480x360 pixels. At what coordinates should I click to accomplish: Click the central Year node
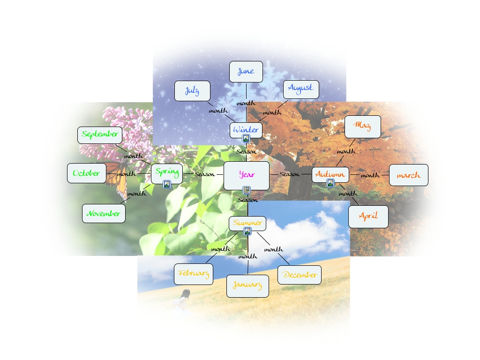[x=247, y=175]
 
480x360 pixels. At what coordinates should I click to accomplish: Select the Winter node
[x=246, y=129]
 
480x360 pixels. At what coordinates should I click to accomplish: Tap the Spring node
[x=166, y=172]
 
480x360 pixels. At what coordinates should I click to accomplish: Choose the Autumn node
[x=330, y=174]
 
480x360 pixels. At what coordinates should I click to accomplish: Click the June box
[x=246, y=71]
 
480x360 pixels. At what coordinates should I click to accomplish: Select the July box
[x=192, y=91]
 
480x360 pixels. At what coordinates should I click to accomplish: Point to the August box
[x=300, y=88]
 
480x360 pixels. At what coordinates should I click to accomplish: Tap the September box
[x=100, y=135]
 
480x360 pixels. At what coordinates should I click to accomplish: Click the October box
[x=87, y=173]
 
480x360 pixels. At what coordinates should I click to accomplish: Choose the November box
[x=104, y=213]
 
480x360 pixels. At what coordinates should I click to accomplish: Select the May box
[x=362, y=125]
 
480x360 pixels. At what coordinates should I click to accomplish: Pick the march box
[x=408, y=175]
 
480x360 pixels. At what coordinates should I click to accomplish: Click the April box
[x=368, y=216]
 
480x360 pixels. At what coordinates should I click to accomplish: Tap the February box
[x=193, y=274]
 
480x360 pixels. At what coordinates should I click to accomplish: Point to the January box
[x=247, y=285]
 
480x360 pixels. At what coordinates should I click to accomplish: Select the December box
[x=300, y=275]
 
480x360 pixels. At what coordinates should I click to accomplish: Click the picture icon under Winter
[x=246, y=138]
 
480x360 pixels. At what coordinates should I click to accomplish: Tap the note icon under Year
[x=247, y=190]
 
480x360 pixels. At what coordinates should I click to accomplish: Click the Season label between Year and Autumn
[x=289, y=174]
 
